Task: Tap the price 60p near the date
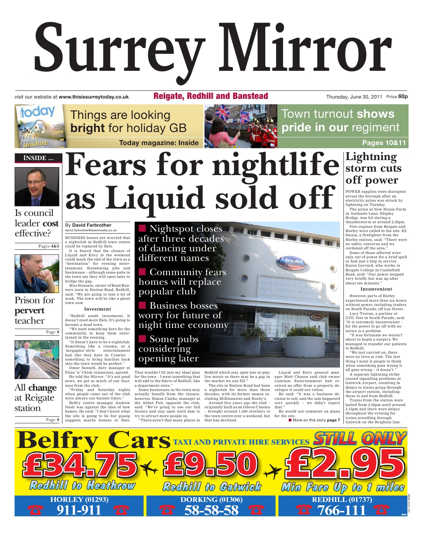point(403,97)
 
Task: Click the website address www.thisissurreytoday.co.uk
point(94,97)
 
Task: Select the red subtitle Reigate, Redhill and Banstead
point(211,96)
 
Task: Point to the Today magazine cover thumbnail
point(37,126)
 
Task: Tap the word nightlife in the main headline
point(275,164)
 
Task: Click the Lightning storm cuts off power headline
point(373,169)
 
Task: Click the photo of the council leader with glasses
point(37,187)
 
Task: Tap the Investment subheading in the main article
point(97,309)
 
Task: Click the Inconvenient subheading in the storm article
point(376,289)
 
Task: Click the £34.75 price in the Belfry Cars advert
point(80,464)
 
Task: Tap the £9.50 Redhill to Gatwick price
point(210,464)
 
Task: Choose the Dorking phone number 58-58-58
point(211,510)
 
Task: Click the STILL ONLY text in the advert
point(360,439)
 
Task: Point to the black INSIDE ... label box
point(38,158)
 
